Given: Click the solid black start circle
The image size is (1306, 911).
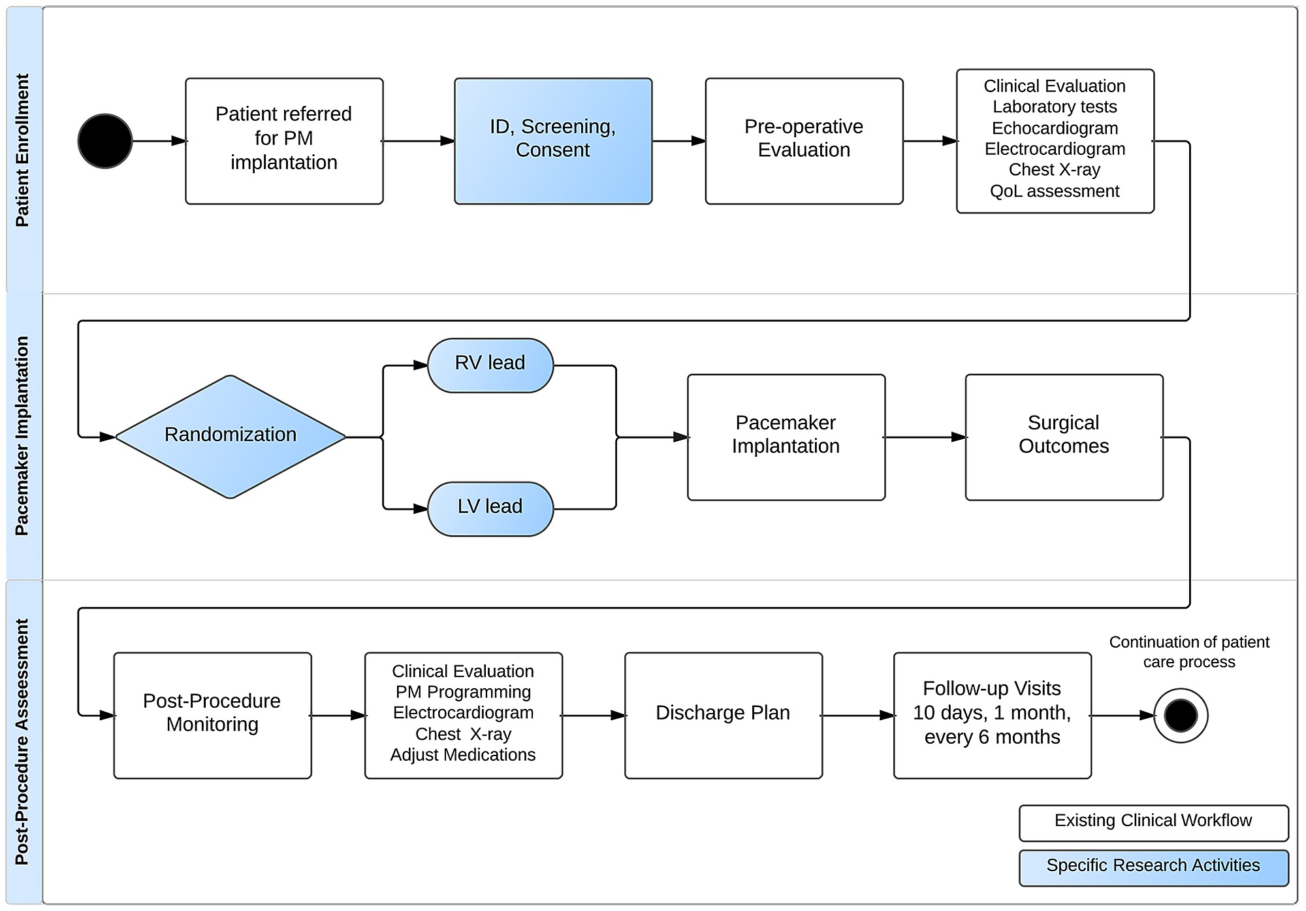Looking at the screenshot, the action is (x=105, y=141).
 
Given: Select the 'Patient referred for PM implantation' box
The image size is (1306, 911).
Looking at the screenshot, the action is (x=284, y=141).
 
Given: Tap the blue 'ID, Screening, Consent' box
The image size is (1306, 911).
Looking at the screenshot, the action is (x=553, y=141).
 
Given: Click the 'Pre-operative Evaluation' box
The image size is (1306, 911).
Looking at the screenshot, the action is (x=804, y=141).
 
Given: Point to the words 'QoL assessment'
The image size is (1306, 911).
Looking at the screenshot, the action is (x=1055, y=191).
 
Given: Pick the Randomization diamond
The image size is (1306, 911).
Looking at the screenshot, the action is (x=231, y=437).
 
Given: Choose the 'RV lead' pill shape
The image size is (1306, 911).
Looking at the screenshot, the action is (x=490, y=365).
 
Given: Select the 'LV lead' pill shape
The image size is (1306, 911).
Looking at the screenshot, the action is (x=490, y=509).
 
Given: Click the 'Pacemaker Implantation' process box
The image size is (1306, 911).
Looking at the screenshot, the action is (x=786, y=437).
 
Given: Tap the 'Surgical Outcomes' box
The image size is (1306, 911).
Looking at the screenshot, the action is (x=1064, y=437).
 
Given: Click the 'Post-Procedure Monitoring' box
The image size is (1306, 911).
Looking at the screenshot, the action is (x=212, y=716).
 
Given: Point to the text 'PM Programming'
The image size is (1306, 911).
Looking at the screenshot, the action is (x=463, y=691).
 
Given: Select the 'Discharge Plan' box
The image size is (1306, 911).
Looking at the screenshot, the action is (x=724, y=716).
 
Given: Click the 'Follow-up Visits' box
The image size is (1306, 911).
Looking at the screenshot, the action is (x=993, y=716).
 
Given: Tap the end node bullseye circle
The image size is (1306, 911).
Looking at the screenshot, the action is (x=1181, y=716).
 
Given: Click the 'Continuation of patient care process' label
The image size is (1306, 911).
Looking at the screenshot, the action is (x=1189, y=652).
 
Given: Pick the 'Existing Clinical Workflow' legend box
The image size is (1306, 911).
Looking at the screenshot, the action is (x=1154, y=823).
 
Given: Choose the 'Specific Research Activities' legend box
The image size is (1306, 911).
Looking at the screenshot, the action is (x=1154, y=868).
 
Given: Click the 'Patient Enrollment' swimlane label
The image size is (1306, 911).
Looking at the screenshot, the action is (x=23, y=150).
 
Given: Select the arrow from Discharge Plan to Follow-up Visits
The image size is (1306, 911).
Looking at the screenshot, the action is (x=858, y=716).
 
